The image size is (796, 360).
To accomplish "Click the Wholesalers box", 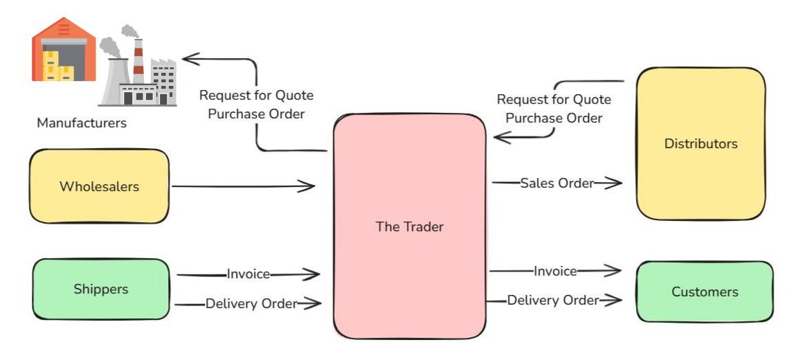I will (99, 186).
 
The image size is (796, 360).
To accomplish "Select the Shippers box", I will (101, 289).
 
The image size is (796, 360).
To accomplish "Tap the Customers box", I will (705, 291).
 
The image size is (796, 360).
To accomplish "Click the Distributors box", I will (700, 144).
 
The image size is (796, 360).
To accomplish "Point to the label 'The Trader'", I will (409, 226).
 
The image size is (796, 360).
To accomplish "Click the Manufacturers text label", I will (82, 123).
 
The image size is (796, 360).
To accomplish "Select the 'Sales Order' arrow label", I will (557, 183).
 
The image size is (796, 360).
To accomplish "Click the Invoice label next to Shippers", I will (248, 274).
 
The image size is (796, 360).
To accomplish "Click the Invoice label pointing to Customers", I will (555, 271).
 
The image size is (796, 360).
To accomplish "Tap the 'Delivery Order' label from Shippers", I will (251, 303).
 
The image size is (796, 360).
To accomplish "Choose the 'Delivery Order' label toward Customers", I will (552, 300).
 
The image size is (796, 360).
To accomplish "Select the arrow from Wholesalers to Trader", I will (242, 186).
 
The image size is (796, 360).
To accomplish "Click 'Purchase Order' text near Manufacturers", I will (256, 114).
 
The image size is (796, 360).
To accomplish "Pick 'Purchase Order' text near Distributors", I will (554, 118).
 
